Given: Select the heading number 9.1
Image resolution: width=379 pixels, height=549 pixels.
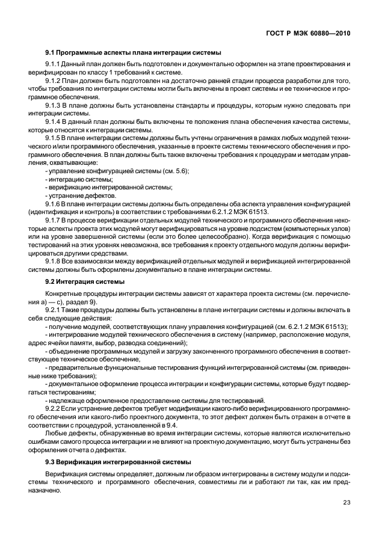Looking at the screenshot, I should tap(50, 52).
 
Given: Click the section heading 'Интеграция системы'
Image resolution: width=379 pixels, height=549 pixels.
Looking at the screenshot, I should tap(93, 281).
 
